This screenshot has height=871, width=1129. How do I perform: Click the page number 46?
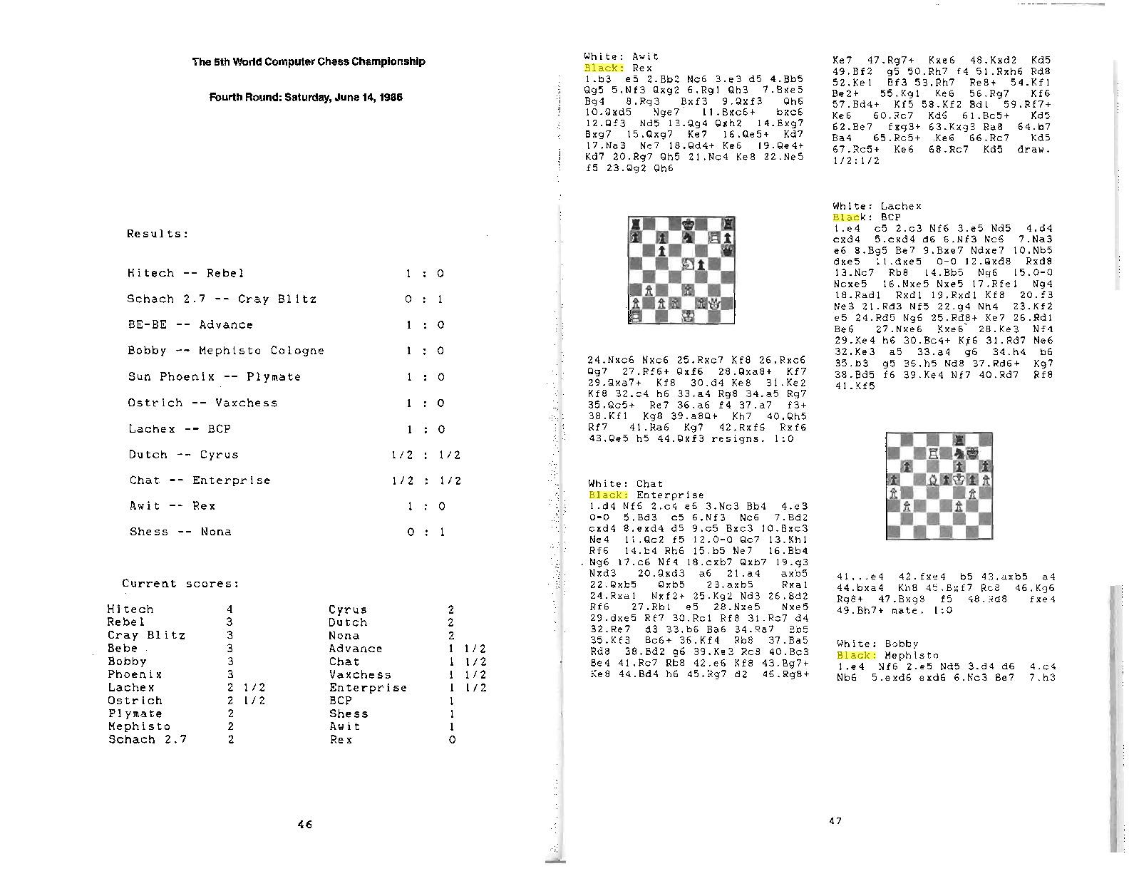tap(304, 825)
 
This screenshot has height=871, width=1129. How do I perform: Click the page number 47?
tap(835, 821)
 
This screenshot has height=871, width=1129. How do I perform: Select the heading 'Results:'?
tap(158, 234)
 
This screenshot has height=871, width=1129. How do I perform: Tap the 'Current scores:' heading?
tap(180, 584)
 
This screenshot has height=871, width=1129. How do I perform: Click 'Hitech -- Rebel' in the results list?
tap(185, 273)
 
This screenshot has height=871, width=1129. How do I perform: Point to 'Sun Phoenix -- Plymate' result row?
tap(214, 376)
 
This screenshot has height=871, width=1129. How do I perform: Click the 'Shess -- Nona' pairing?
tap(180, 532)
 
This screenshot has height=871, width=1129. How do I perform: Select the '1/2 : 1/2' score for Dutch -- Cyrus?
tap(426, 455)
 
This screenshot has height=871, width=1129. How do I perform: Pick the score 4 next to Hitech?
tap(230, 609)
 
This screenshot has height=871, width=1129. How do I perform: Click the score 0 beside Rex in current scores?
tap(452, 740)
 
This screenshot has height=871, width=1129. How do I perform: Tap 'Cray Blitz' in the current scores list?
tap(146, 635)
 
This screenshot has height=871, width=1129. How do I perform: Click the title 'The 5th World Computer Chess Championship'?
tap(308, 61)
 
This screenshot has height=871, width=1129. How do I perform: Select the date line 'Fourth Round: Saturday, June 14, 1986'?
tap(305, 97)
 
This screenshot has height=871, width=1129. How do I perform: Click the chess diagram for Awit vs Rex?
tap(681, 270)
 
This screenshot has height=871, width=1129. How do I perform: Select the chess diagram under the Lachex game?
tap(939, 485)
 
